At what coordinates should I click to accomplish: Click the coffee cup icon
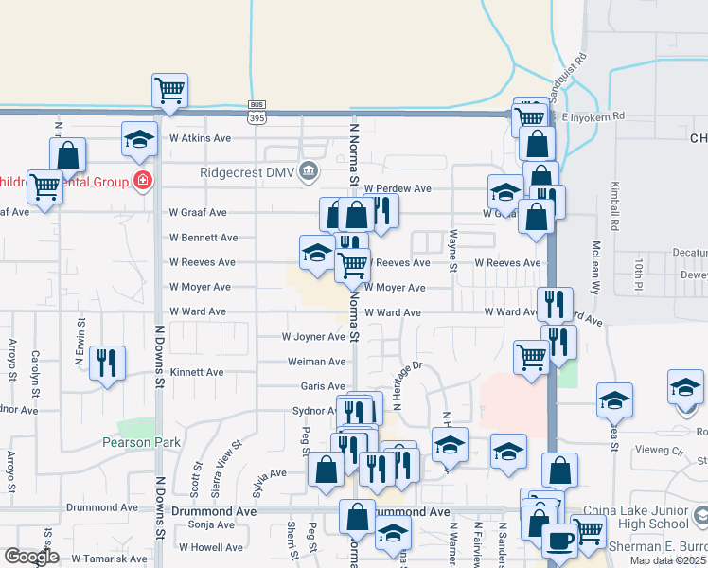tap(558, 541)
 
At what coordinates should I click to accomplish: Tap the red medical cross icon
tap(142, 180)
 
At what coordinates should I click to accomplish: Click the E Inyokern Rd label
tap(593, 116)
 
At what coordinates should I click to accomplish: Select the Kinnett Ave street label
tap(197, 372)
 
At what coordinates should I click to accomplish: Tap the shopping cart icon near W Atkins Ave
tap(170, 91)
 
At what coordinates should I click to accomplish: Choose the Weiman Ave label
tap(317, 362)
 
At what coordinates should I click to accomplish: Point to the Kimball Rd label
tap(614, 206)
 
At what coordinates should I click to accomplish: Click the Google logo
tap(30, 557)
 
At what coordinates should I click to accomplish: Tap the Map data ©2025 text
tap(667, 560)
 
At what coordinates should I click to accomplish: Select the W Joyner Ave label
tap(313, 337)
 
